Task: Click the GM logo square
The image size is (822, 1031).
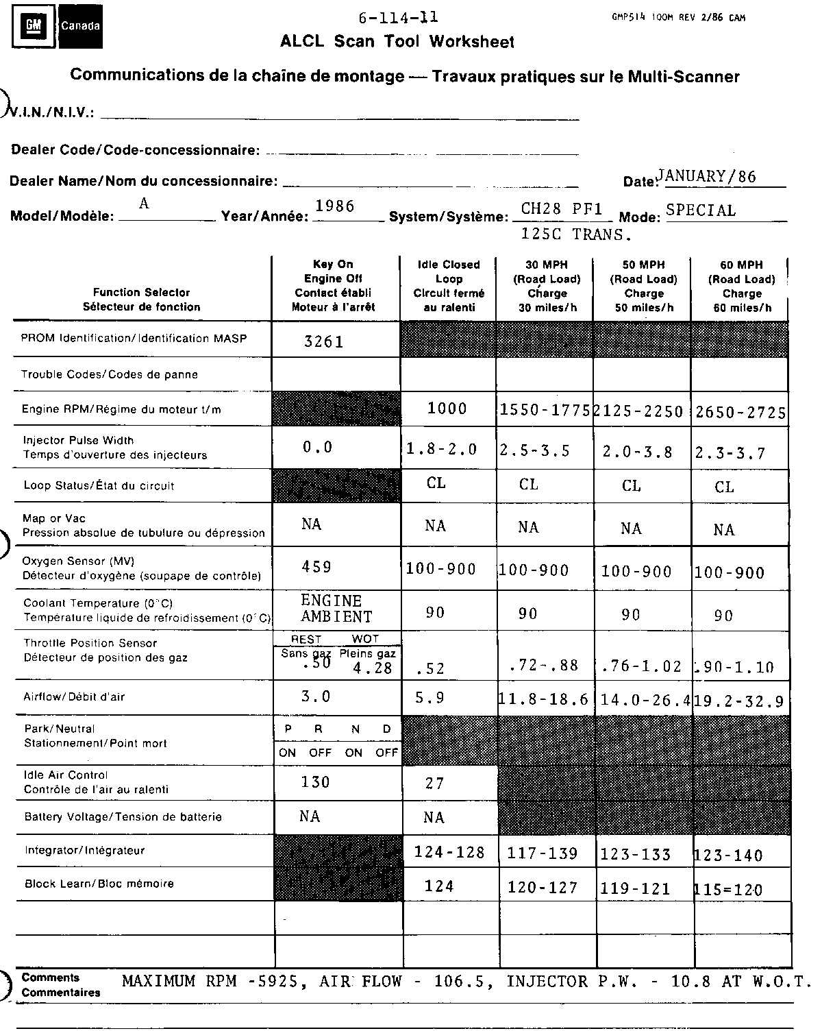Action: [x=33, y=25]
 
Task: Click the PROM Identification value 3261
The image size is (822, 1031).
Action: [x=324, y=341]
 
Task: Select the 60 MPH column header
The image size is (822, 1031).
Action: [x=741, y=286]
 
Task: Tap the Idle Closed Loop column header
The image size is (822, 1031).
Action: [x=449, y=286]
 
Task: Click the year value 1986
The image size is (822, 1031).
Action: [x=335, y=206]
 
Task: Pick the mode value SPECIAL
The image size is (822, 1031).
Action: [x=701, y=210]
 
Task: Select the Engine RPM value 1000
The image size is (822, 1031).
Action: [x=447, y=409]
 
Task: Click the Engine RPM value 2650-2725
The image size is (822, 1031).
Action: [x=740, y=412]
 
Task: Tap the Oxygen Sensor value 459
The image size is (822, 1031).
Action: [x=316, y=567]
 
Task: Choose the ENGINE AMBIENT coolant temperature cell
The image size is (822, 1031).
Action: [x=336, y=609]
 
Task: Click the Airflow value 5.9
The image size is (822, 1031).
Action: [x=430, y=699]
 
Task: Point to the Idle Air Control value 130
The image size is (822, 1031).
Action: [x=316, y=782]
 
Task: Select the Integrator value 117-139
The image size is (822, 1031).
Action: [x=543, y=853]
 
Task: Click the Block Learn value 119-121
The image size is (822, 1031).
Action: [x=636, y=889]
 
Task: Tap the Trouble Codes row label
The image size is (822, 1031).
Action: [x=110, y=374]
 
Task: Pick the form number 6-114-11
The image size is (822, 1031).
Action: [x=398, y=19]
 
